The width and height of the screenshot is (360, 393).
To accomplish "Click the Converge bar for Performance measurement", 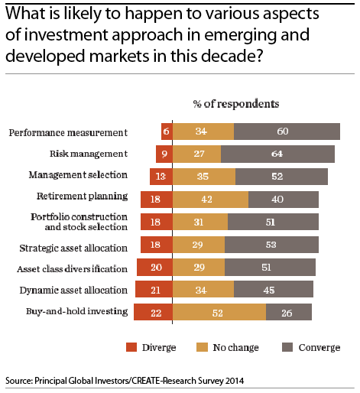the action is (x=287, y=132).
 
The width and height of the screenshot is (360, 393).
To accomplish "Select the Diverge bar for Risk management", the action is (x=164, y=154).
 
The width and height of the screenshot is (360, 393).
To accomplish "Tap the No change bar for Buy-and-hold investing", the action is (x=219, y=312).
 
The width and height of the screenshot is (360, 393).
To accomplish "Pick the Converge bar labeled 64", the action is (x=277, y=154).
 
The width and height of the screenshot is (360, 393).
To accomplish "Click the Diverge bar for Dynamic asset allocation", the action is (x=154, y=289).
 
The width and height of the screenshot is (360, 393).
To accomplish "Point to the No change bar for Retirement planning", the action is (x=210, y=200).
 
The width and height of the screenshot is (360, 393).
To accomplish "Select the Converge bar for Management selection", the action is (x=281, y=177).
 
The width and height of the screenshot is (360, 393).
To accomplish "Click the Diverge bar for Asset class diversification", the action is (x=154, y=268).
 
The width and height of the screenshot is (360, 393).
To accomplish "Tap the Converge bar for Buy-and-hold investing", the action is (x=289, y=312).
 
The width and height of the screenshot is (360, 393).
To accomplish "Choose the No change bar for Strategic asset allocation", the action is (x=199, y=245).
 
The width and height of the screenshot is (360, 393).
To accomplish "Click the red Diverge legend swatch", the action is (x=131, y=347).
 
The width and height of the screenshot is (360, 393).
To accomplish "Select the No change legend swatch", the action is (x=202, y=347).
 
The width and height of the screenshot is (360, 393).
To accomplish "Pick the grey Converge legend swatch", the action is (x=287, y=347).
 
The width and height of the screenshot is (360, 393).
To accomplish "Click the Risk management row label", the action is (x=89, y=154).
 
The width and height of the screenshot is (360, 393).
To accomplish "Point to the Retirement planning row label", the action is (x=82, y=196).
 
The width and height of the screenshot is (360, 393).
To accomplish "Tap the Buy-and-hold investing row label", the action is (x=76, y=311).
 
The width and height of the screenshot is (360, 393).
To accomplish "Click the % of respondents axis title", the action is (x=236, y=104).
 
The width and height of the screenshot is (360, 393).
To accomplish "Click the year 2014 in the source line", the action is (x=235, y=381).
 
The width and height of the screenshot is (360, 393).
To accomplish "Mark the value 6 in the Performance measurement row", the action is (x=166, y=132).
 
